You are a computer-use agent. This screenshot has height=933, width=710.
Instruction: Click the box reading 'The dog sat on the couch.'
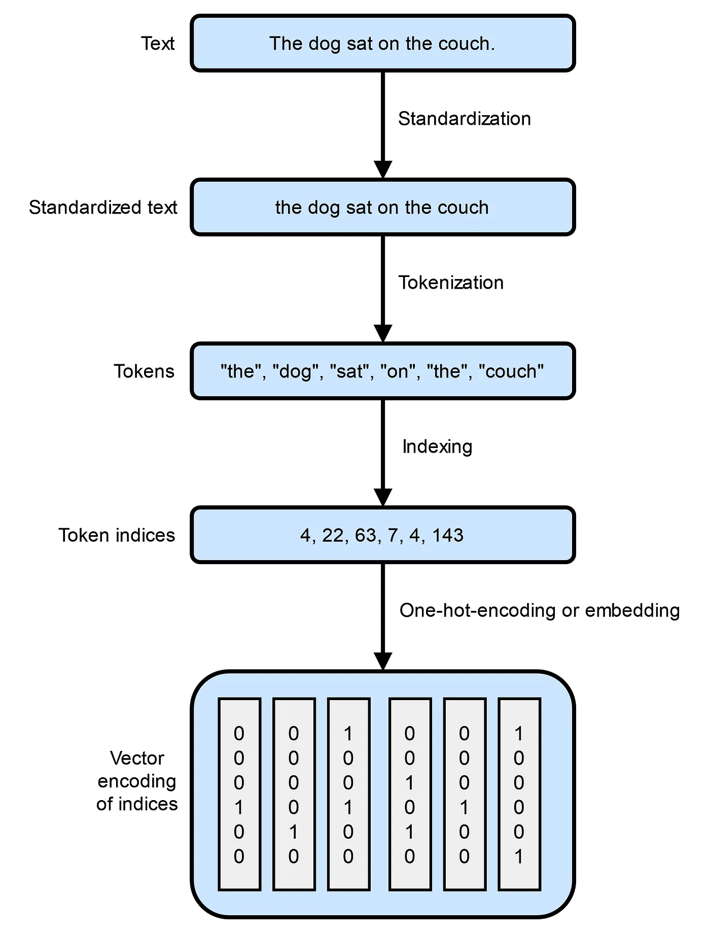tap(383, 44)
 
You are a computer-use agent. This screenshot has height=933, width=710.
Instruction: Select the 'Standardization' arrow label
tap(464, 119)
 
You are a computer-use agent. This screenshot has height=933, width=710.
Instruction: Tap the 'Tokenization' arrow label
tap(451, 283)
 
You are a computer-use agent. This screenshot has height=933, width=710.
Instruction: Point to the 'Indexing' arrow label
tap(437, 446)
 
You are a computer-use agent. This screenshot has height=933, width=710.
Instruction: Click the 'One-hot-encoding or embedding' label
tap(539, 610)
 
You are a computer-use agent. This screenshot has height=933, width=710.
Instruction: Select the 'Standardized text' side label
tap(103, 208)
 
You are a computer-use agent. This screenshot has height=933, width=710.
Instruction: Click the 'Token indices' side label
tap(117, 535)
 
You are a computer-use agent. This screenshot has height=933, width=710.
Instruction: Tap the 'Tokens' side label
tap(144, 371)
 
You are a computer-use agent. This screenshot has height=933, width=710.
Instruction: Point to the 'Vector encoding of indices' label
tap(137, 781)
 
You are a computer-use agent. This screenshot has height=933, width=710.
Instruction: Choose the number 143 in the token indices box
tap(448, 535)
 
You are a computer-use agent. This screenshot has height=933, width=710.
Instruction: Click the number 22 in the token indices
tap(333, 535)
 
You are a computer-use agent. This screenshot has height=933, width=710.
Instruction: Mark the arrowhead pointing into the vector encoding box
tap(383, 662)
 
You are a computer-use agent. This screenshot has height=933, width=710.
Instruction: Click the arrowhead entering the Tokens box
tap(383, 334)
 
